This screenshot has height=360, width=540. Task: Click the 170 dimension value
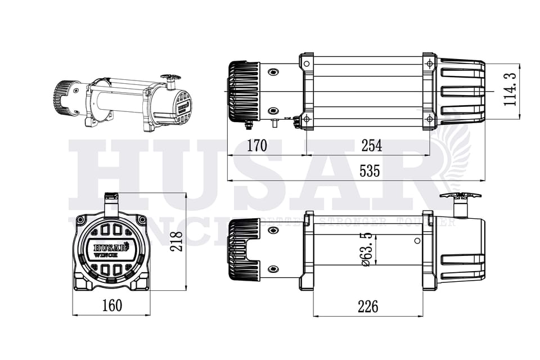point(256,146)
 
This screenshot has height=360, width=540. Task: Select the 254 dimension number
point(371,146)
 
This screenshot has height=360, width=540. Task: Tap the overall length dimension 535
point(370,171)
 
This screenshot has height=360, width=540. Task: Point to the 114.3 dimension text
point(509,89)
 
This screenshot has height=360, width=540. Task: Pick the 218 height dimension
point(176,241)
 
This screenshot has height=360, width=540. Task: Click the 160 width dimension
point(111,305)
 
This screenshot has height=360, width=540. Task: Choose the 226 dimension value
point(368,307)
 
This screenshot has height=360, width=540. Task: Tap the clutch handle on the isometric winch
point(170,77)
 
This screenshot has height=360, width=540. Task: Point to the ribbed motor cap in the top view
point(244,91)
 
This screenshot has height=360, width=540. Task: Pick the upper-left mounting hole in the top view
point(307,64)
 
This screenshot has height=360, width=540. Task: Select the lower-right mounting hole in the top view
point(429,119)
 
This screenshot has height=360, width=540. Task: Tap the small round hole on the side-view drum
point(416,241)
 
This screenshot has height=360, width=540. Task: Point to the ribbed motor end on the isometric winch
point(66,96)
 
